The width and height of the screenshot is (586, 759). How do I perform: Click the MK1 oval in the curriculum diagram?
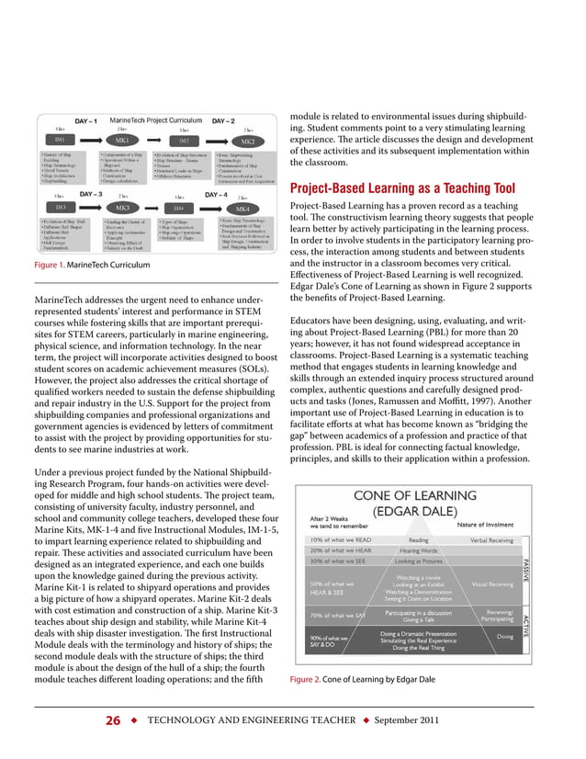[122, 141]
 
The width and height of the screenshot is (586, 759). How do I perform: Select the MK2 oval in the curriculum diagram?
[247, 142]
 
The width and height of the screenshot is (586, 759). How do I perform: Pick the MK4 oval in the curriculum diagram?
[242, 210]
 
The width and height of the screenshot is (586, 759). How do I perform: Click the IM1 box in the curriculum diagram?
[59, 140]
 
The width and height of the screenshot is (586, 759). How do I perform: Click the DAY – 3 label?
[89, 195]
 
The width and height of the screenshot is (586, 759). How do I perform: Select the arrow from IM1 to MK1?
[89, 141]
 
